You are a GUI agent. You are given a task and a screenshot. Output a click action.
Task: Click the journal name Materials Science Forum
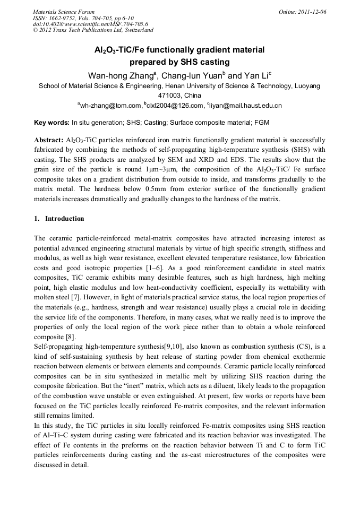(x=64, y=12)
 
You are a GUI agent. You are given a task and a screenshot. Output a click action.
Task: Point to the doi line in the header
(x=91, y=24)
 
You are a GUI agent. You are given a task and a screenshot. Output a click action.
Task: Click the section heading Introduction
(x=64, y=219)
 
